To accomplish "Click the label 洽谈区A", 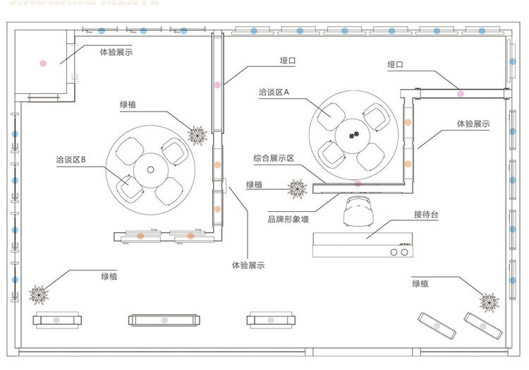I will (274, 92).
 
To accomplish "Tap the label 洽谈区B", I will (71, 160).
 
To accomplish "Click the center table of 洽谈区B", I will (150, 169).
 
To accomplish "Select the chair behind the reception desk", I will (358, 211).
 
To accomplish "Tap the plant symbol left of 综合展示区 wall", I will (296, 188).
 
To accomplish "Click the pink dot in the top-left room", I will (43, 63).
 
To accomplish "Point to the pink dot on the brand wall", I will (358, 184).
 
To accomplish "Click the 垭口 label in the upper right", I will (395, 64).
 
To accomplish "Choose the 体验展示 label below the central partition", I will (248, 265).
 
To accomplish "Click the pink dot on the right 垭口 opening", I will (460, 93).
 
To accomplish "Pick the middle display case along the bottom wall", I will (164, 320).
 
